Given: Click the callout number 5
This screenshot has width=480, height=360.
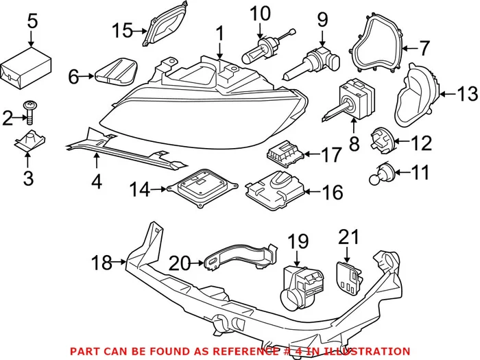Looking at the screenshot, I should [32, 21].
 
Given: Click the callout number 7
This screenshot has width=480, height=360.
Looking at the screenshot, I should [423, 48].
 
